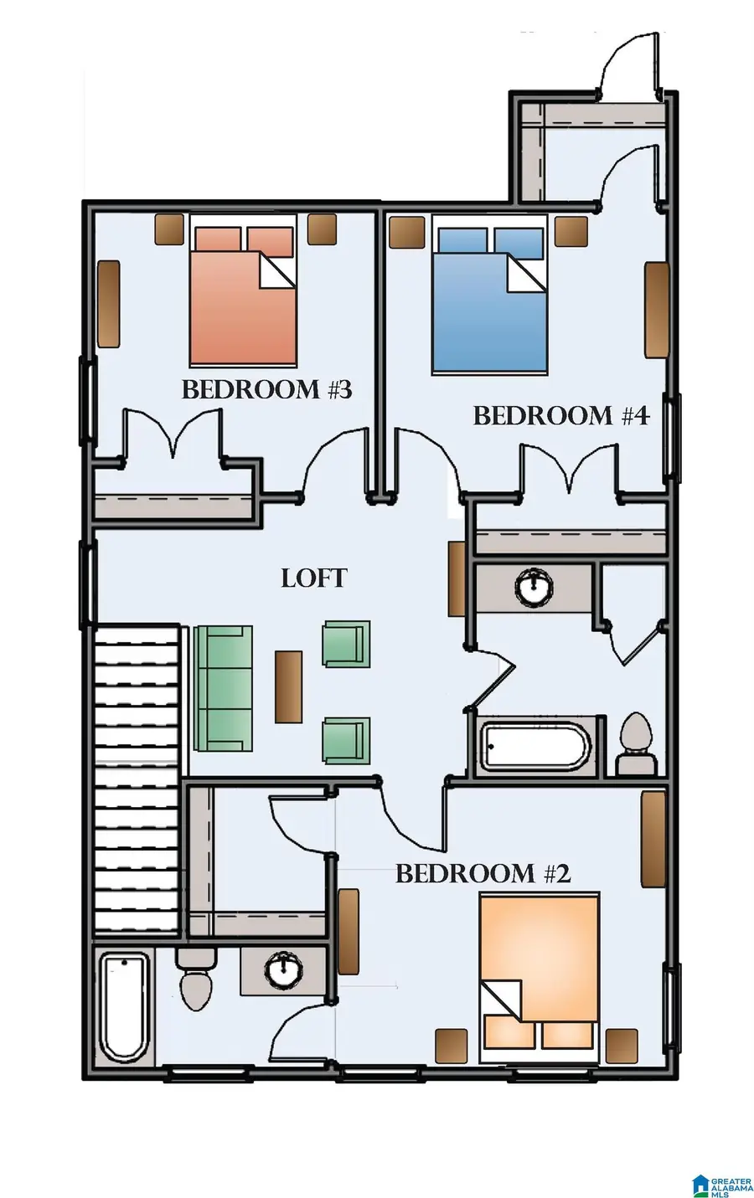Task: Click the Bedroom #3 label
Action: pyautogui.click(x=267, y=389)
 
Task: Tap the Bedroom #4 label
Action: pyautogui.click(x=561, y=415)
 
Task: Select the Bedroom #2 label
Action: pyautogui.click(x=483, y=873)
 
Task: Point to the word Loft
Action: pyautogui.click(x=314, y=578)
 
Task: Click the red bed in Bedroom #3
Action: pyautogui.click(x=244, y=290)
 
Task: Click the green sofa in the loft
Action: pyautogui.click(x=223, y=689)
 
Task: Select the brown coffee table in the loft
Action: pyautogui.click(x=288, y=687)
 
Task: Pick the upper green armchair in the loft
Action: pyautogui.click(x=346, y=644)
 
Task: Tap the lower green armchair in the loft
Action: pyautogui.click(x=346, y=741)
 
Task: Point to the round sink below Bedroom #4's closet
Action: pyautogui.click(x=534, y=586)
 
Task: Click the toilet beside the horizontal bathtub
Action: pyautogui.click(x=636, y=743)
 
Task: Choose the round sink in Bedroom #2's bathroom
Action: pyautogui.click(x=283, y=969)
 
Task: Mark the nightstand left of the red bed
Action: pyautogui.click(x=169, y=230)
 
